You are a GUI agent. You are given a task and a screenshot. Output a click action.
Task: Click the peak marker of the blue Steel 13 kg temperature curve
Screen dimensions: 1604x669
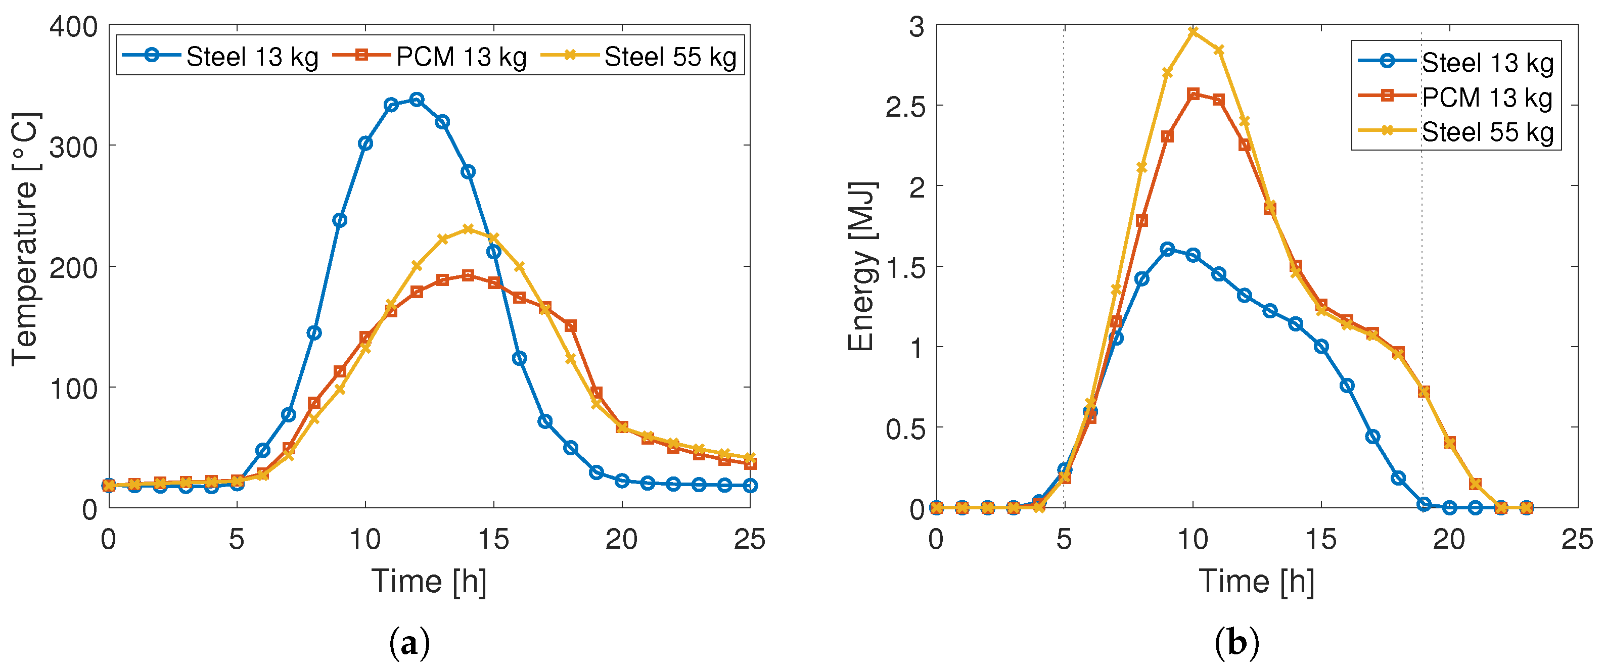coord(417,100)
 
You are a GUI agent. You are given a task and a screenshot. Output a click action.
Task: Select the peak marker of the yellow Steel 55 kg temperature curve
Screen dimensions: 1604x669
coord(468,229)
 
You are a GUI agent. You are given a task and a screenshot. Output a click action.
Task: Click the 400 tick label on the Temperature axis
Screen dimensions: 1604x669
coord(73,27)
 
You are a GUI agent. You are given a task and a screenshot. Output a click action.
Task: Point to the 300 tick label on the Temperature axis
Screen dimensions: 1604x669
coord(73,148)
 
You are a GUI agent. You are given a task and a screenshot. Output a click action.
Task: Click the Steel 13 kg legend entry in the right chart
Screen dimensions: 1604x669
coord(1456,62)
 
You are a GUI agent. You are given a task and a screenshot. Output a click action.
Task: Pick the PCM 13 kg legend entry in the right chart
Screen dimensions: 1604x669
coord(1456,97)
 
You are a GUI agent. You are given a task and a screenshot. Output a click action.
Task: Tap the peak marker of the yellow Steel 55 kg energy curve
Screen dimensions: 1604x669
coord(1193,31)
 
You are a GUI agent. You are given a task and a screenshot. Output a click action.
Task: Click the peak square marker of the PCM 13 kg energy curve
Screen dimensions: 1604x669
coord(1193,94)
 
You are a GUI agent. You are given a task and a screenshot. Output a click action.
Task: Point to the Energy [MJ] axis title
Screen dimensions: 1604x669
coord(862,266)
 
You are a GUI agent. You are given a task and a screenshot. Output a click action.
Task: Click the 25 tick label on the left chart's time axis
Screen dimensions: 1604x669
coord(750,540)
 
